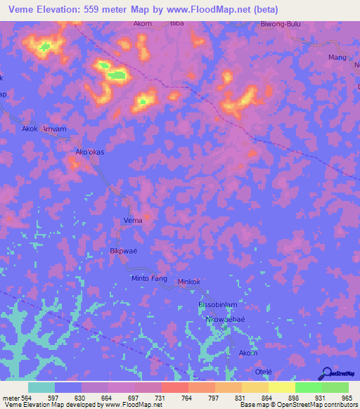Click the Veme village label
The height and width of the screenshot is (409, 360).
(x=133, y=221)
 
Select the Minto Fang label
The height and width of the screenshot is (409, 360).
(x=149, y=279)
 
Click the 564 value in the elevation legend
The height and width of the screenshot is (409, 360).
(x=28, y=397)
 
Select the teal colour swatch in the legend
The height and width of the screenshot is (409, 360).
(x=41, y=387)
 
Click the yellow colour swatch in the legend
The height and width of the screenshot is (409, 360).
(x=281, y=387)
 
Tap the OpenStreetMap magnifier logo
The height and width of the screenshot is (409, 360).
(x=326, y=373)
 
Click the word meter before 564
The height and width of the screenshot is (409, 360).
(x=11, y=397)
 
